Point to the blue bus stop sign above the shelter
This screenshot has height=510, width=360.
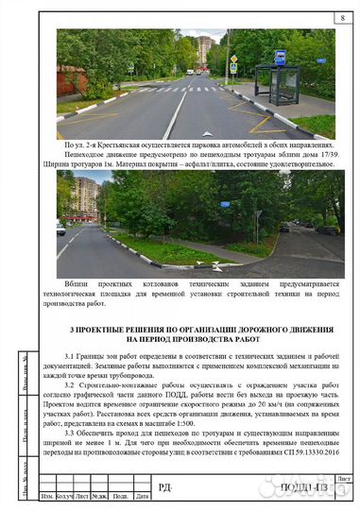pos(280,58)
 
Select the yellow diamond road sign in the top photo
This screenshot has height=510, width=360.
pos(233,59)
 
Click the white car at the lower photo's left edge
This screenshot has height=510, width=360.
pos(60,228)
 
